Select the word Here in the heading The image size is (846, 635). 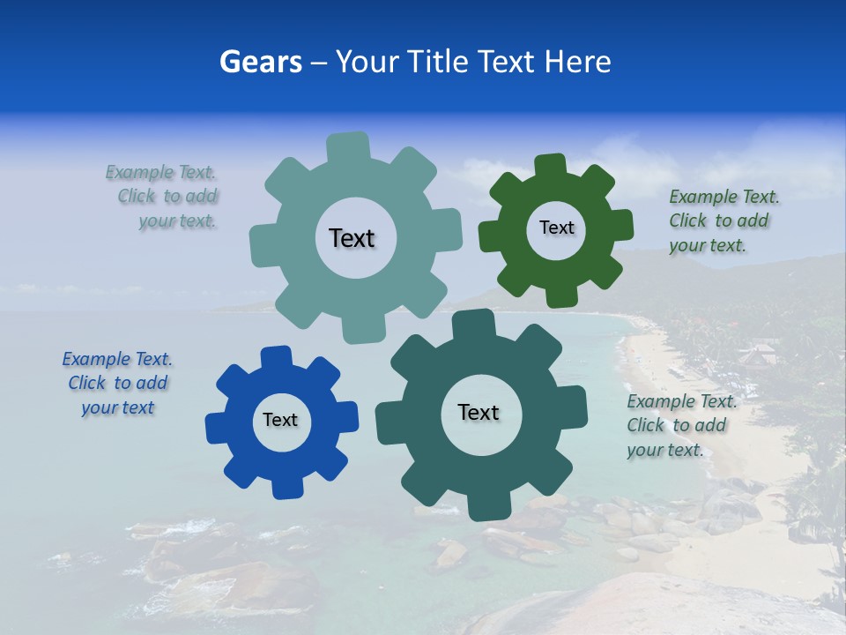click(577, 62)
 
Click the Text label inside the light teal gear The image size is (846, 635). click(352, 238)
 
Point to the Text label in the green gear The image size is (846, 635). click(556, 228)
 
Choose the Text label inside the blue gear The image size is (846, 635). click(280, 420)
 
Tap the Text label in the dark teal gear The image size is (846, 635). click(479, 412)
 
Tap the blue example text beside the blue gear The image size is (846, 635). click(118, 384)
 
